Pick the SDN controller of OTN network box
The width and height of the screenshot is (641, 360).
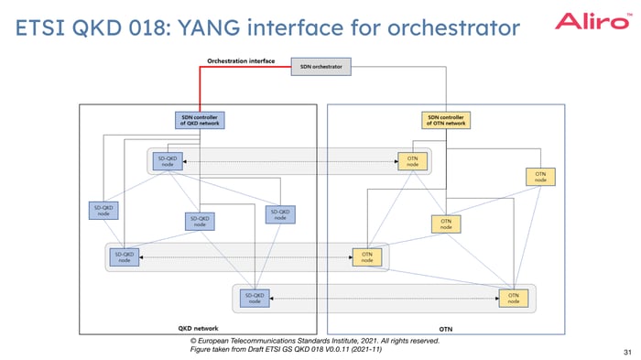coord(446,119)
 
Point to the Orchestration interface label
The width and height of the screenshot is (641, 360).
coord(241,61)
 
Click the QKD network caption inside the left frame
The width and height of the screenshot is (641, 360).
coord(197,327)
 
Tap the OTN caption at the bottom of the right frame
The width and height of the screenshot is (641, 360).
coord(446,327)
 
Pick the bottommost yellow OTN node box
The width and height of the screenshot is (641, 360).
coord(514,297)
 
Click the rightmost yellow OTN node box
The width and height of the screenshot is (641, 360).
coord(540,176)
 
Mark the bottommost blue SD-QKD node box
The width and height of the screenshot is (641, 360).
coord(254,297)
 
